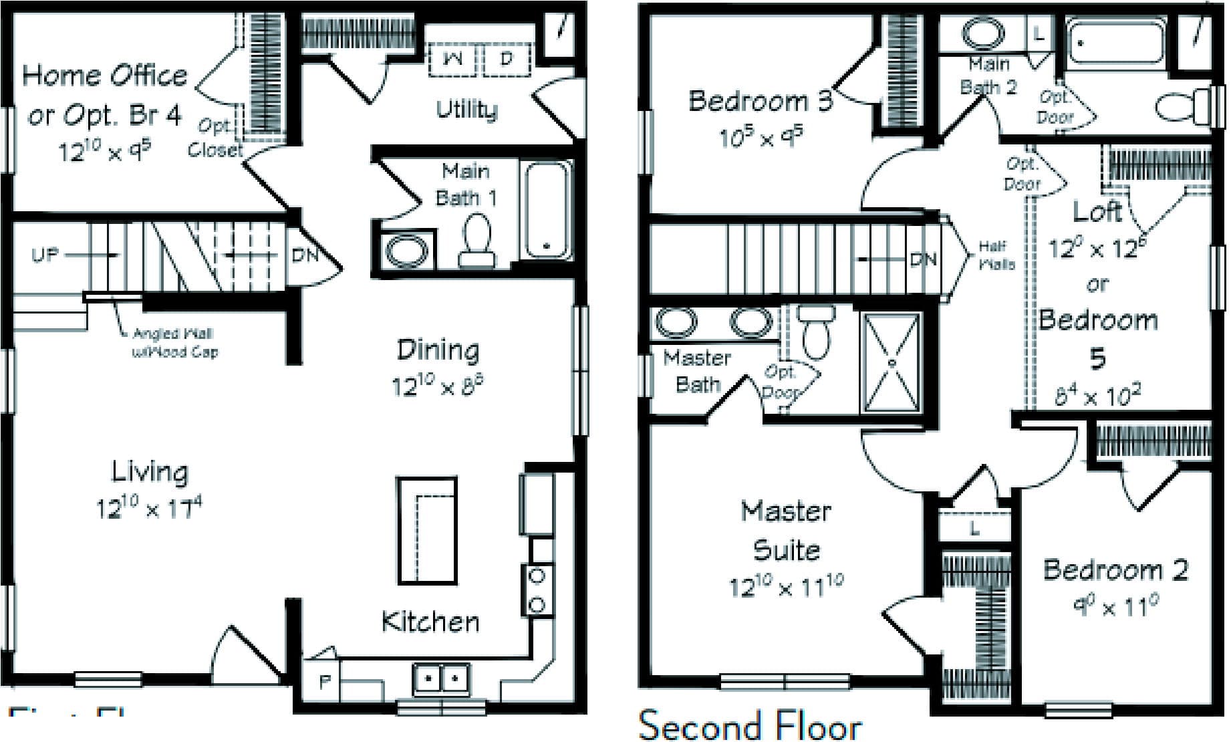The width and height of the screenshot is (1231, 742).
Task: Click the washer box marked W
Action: pos(453,59)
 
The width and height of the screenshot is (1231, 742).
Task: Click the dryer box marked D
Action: pos(507,59)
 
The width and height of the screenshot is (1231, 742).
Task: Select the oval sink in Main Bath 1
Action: pos(406,249)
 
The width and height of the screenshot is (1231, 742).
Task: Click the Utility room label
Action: pos(466,110)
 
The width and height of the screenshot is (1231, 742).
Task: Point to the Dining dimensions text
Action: pos(437,386)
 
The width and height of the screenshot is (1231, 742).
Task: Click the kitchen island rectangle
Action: pos(426,531)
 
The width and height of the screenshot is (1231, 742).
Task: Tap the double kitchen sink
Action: pos(440,679)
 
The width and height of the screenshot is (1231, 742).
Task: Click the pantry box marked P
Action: pos(324,682)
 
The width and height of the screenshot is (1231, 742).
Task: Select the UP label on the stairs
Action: pos(45,255)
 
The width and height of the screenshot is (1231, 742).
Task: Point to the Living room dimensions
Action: pos(148,508)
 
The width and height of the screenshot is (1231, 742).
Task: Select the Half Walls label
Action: pos(996,255)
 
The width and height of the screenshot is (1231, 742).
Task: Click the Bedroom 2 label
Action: pos(1115,570)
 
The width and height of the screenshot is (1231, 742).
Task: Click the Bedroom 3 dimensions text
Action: pos(761,137)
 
